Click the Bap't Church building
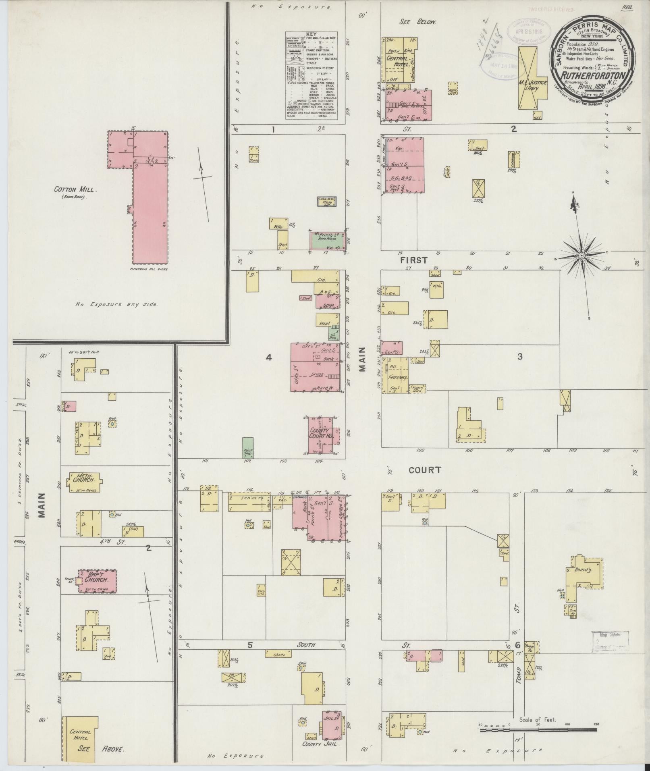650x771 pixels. (97, 581)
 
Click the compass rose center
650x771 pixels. (581, 256)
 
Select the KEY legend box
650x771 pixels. (312, 76)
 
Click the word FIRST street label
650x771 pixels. (413, 260)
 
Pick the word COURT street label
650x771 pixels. (425, 470)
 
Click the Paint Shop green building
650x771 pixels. (248, 448)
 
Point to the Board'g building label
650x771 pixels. (581, 570)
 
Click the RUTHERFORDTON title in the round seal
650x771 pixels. (591, 76)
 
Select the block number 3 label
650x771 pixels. (520, 357)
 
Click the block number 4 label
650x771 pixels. (269, 357)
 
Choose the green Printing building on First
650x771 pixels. (327, 239)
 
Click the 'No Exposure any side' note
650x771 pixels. (116, 304)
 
